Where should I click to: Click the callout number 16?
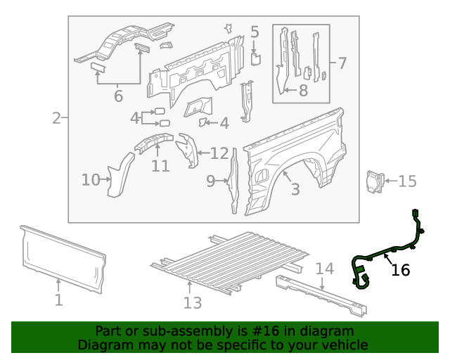click(x=400, y=270)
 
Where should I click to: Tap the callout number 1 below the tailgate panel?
click(x=59, y=300)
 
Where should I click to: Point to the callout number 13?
click(x=192, y=302)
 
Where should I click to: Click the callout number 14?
click(x=324, y=269)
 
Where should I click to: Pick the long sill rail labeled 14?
click(x=320, y=295)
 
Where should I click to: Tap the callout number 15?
click(x=407, y=181)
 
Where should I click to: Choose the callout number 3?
click(x=295, y=189)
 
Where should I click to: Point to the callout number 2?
click(x=56, y=118)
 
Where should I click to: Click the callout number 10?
click(x=91, y=180)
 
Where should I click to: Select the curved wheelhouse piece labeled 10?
click(x=120, y=176)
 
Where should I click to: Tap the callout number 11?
click(x=160, y=166)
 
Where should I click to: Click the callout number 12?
click(x=219, y=153)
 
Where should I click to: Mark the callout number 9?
click(x=211, y=181)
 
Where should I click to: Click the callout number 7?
click(x=342, y=63)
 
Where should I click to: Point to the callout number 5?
click(x=255, y=32)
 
